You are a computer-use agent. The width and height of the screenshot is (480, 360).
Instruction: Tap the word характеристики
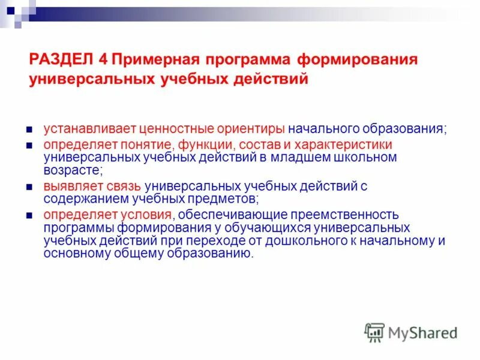349,145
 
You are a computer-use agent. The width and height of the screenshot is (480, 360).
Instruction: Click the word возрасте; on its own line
67,170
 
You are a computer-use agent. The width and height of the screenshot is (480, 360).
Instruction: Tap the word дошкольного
311,240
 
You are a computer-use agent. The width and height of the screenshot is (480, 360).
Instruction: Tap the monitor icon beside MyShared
374,332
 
